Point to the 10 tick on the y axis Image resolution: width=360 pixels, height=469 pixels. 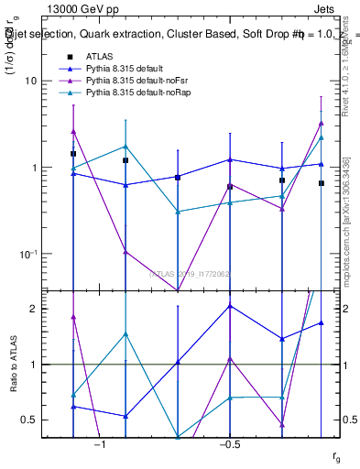pyautogui.click(x=31, y=81)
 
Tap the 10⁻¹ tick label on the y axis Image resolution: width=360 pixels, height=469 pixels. pyautogui.click(x=27, y=254)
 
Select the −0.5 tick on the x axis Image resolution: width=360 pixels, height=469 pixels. pyautogui.click(x=229, y=444)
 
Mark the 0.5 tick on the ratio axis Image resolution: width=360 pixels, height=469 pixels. pyautogui.click(x=29, y=420)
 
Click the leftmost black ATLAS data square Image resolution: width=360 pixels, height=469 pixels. pyautogui.click(x=73, y=154)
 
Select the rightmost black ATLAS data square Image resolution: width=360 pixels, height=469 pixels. pyautogui.click(x=322, y=183)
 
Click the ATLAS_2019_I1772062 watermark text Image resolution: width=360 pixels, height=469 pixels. pyautogui.click(x=191, y=273)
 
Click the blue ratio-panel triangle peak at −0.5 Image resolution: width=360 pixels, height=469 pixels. pyautogui.click(x=230, y=306)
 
